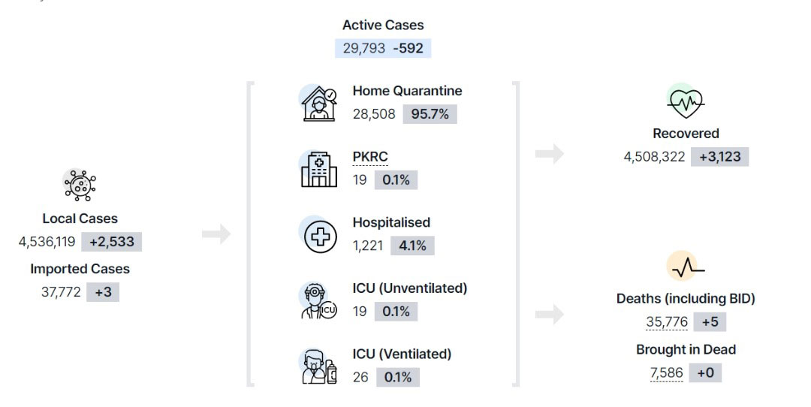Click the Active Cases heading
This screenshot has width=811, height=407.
(383, 25)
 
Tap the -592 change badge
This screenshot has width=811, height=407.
(408, 48)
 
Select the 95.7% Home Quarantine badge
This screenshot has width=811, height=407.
(430, 114)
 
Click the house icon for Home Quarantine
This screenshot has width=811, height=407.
(318, 104)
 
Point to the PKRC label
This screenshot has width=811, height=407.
(370, 156)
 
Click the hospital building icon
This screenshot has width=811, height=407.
(318, 170)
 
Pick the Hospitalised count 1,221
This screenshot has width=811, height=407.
(368, 246)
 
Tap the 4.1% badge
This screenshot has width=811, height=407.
(412, 246)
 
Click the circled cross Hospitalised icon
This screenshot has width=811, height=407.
(320, 237)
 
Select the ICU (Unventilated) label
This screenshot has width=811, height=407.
(410, 288)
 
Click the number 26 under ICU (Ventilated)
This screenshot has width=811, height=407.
(360, 377)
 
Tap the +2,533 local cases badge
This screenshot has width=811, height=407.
(111, 242)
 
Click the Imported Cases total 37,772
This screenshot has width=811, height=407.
(61, 292)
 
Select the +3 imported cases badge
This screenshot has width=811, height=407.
(103, 292)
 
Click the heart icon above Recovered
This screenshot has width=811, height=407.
(686, 102)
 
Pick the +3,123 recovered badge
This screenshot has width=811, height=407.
(719, 157)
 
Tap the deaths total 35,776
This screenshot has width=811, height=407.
(667, 321)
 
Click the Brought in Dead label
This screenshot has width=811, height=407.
(686, 350)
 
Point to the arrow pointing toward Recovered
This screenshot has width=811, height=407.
(549, 154)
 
